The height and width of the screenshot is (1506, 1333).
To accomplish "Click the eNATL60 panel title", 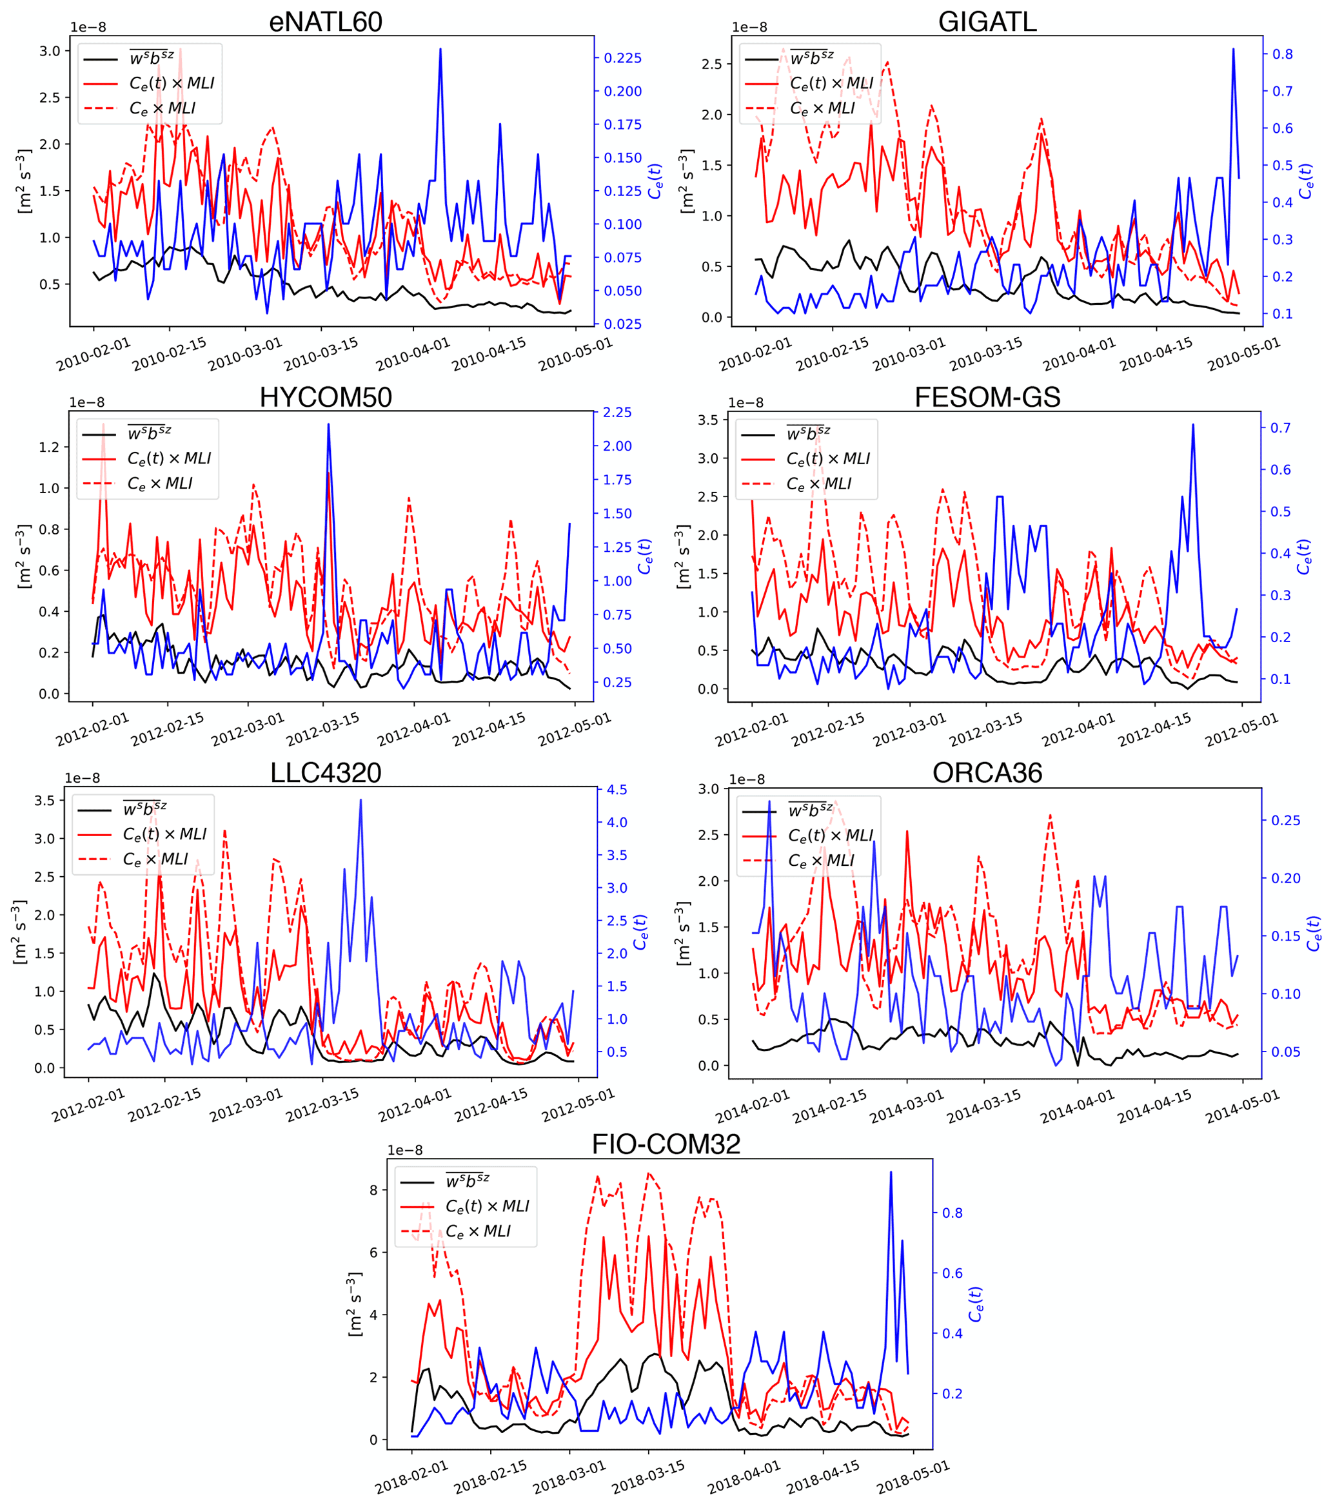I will pyautogui.click(x=325, y=22).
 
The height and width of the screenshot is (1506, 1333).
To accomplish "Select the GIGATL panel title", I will pyautogui.click(x=987, y=22).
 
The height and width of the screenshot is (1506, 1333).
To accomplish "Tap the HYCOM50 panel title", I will pyautogui.click(x=325, y=398).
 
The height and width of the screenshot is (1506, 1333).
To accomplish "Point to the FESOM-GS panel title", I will pyautogui.click(x=987, y=398).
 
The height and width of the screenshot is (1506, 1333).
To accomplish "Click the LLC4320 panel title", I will pyautogui.click(x=325, y=773).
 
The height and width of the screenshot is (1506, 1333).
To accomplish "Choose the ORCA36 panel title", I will pyautogui.click(x=987, y=773).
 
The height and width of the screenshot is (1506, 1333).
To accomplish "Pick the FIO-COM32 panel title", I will pyautogui.click(x=666, y=1144).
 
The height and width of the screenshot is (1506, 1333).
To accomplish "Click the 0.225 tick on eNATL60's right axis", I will pyautogui.click(x=623, y=58).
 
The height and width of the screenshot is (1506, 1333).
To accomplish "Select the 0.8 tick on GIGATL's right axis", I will pyautogui.click(x=1277, y=55).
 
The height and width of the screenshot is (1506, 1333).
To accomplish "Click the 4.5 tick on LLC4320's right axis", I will pyautogui.click(x=615, y=790).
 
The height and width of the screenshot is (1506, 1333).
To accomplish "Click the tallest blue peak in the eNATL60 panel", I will pyautogui.click(x=440, y=50).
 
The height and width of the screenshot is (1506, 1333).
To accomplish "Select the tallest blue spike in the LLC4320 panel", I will pyautogui.click(x=360, y=800).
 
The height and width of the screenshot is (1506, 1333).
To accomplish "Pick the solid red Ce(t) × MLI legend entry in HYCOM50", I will pyautogui.click(x=169, y=459).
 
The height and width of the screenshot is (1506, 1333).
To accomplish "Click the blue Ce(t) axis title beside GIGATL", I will pyautogui.click(x=1306, y=181).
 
